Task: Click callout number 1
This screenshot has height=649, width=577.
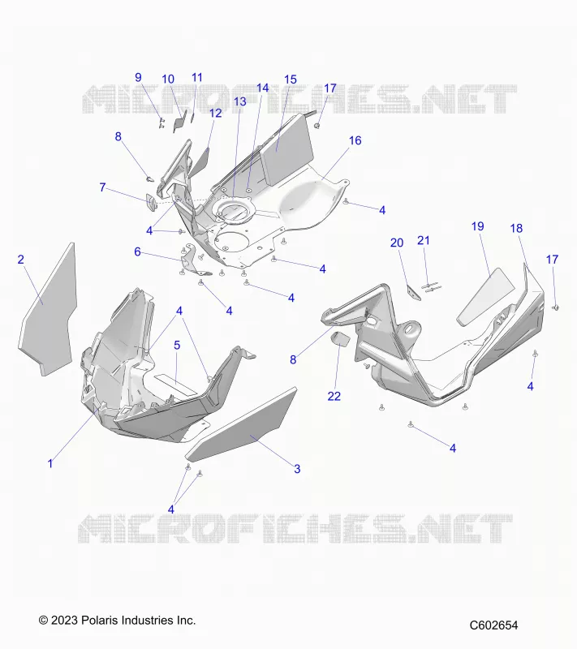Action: tap(50, 463)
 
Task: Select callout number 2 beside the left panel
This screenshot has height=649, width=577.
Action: tap(21, 260)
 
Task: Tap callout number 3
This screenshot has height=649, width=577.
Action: tap(297, 469)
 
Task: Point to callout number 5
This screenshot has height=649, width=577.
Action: tap(177, 346)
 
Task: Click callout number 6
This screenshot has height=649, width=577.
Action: tap(137, 251)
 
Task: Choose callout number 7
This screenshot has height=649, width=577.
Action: tap(102, 187)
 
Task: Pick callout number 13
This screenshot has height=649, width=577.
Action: tap(240, 102)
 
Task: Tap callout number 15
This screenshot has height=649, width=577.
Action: tap(291, 80)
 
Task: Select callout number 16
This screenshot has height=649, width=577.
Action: tap(355, 140)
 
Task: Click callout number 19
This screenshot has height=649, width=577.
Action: tap(478, 226)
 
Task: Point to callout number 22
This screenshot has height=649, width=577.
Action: tap(334, 397)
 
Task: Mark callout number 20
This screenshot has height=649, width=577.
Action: tap(397, 243)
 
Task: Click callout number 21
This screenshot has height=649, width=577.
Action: tap(424, 240)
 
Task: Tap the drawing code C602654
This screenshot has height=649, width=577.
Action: tap(493, 625)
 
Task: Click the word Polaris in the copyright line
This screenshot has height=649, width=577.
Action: tap(97, 620)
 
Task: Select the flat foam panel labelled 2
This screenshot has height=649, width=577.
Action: tap(48, 309)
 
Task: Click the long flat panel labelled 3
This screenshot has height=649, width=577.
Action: tap(241, 424)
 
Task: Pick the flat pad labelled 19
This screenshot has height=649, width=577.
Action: tap(485, 296)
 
